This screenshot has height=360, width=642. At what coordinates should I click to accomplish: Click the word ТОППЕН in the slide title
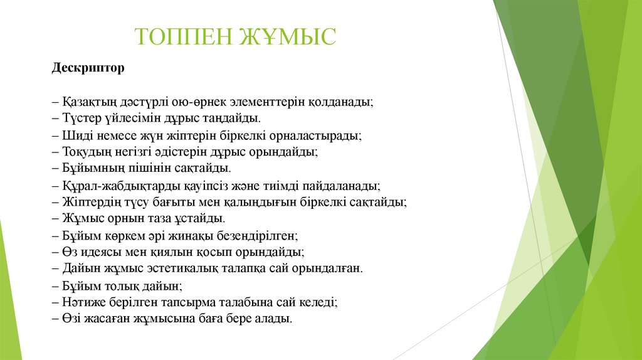182,36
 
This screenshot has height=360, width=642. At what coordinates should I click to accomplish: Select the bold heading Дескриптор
88,67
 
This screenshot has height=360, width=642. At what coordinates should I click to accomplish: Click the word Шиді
74,135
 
